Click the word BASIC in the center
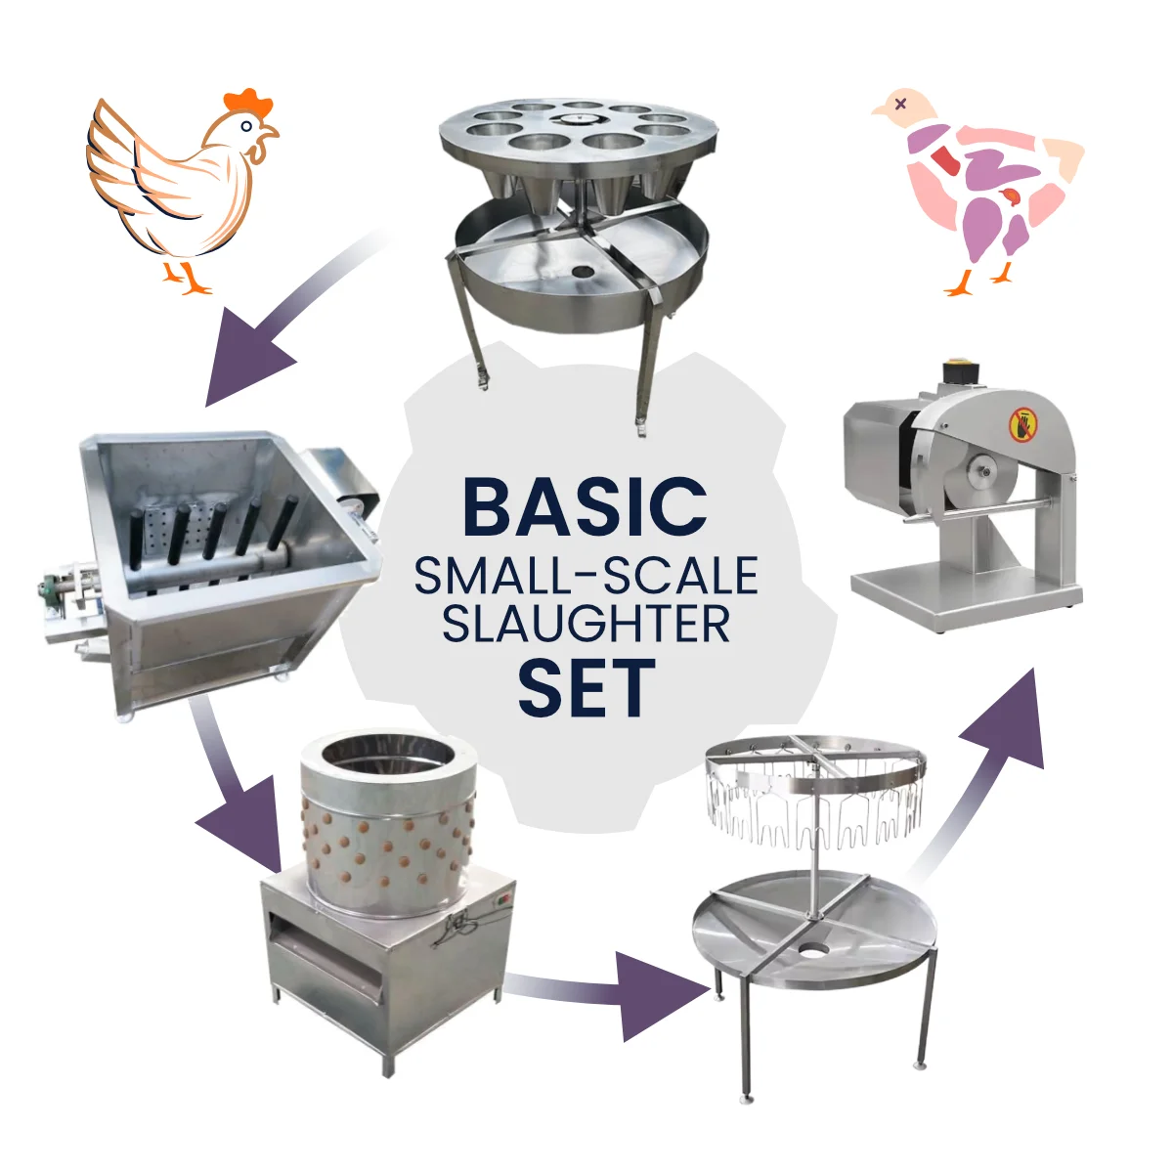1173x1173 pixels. pos(585,507)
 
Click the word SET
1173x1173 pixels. pos(586,687)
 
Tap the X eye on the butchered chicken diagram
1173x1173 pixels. pos(901,104)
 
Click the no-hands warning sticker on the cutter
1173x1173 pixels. pos(1023,424)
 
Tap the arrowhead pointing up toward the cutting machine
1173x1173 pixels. pos(1008,719)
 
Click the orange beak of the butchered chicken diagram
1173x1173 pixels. pos(881,110)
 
